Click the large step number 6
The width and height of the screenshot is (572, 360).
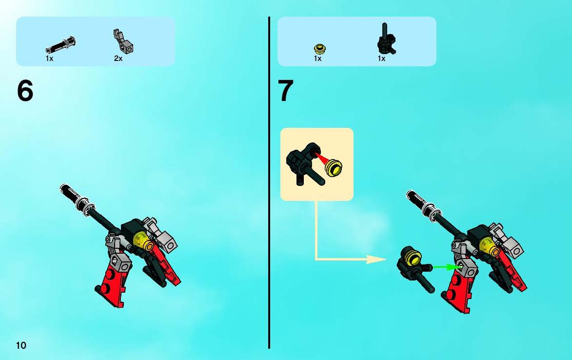pos(25,91)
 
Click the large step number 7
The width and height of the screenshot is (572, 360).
pos(285,91)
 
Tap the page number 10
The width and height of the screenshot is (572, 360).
pos(21,345)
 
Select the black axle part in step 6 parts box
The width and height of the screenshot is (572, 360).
pos(60,45)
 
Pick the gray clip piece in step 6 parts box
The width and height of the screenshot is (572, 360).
pos(123,41)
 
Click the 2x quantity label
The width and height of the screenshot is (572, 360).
pos(118,59)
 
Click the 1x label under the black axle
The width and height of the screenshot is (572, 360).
pos(50,59)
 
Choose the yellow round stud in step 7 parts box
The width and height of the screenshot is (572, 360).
pos(320,48)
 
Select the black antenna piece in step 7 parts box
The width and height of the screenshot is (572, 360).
pos(386,40)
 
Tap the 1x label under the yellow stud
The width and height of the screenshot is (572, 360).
pos(318,59)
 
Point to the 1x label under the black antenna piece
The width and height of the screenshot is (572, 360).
pos(381,59)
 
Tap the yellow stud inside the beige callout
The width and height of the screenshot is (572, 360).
pos(334,168)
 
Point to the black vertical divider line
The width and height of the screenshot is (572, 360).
pos(269,182)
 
